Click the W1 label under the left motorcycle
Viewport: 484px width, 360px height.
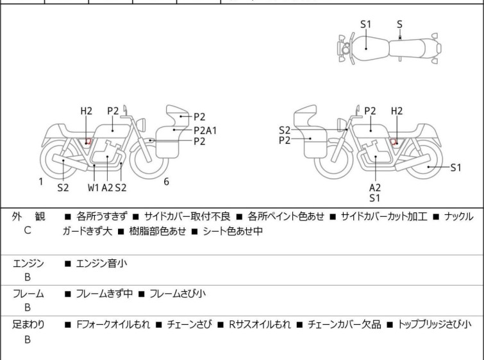(x=94, y=187)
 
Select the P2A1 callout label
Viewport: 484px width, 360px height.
(x=205, y=130)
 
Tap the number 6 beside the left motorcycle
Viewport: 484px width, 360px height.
(x=166, y=182)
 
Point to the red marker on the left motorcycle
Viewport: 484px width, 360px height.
(x=89, y=141)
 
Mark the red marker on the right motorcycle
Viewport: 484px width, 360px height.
(x=395, y=141)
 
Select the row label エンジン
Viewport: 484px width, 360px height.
(x=28, y=262)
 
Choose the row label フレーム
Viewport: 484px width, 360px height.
(x=28, y=294)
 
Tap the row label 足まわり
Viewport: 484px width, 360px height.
(x=28, y=325)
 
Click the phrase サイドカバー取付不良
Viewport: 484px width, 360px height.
(x=183, y=217)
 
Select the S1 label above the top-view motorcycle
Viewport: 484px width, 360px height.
(x=365, y=24)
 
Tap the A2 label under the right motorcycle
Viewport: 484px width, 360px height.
(x=375, y=187)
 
